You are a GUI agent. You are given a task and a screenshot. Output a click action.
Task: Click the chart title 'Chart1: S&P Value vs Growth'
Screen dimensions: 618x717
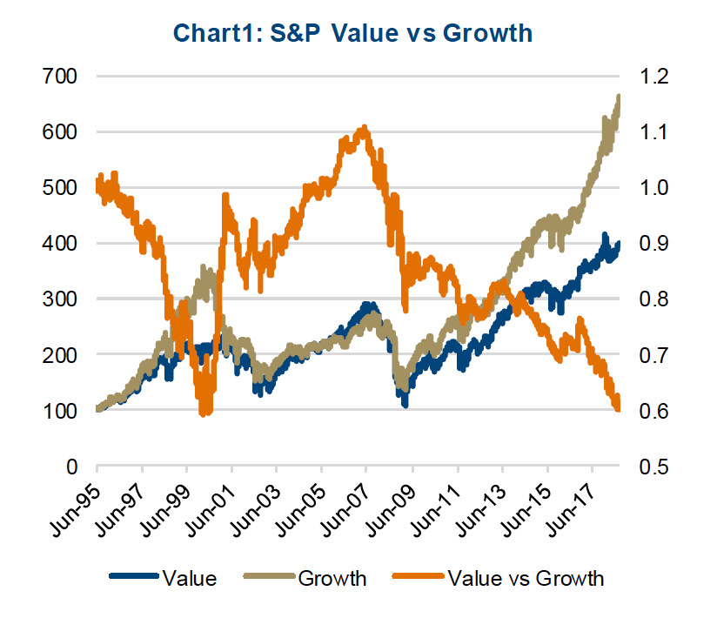[x=352, y=33]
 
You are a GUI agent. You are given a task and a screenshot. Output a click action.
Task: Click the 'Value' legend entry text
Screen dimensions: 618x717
[x=189, y=577]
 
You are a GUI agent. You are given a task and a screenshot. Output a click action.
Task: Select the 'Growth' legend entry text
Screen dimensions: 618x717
[x=332, y=577]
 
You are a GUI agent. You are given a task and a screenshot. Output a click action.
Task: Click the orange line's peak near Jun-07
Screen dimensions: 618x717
[x=364, y=127]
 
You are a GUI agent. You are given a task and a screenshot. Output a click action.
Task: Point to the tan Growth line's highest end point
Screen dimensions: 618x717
[x=619, y=97]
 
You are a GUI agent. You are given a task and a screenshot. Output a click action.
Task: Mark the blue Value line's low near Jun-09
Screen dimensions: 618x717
[x=405, y=406]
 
